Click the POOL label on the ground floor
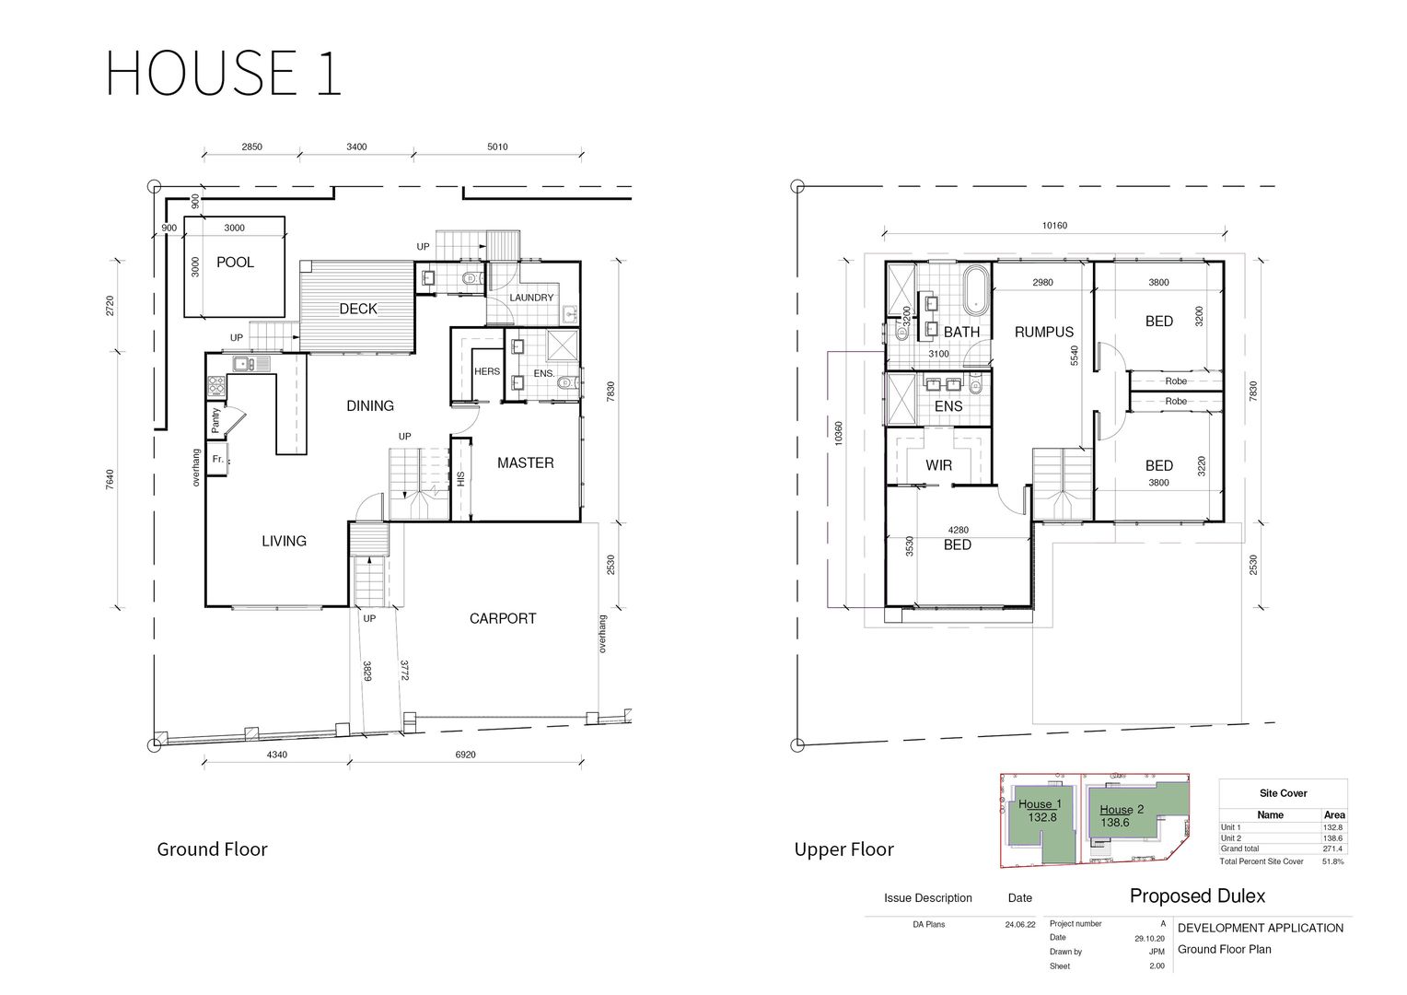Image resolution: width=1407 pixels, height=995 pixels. pyautogui.click(x=235, y=263)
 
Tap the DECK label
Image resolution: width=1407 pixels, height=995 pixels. pyautogui.click(x=358, y=309)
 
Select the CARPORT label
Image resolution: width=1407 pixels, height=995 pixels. pyautogui.click(x=502, y=618)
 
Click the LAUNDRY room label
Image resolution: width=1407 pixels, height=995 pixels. pyautogui.click(x=531, y=298)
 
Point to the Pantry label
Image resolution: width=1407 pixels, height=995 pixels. pyautogui.click(x=216, y=421)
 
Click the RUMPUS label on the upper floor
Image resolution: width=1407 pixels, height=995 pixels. pyautogui.click(x=1044, y=332)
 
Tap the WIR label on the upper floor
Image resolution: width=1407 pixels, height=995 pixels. pyautogui.click(x=938, y=465)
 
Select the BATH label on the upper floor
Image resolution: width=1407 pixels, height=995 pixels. pyautogui.click(x=961, y=332)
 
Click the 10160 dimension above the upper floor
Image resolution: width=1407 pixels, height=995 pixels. pyautogui.click(x=1054, y=226)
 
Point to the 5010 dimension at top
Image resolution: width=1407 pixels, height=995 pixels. pyautogui.click(x=497, y=146)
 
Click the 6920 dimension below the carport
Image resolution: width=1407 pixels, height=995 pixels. pyautogui.click(x=466, y=755)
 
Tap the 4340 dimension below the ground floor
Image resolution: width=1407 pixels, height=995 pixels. pyautogui.click(x=276, y=755)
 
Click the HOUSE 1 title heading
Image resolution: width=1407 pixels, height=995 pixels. pyautogui.click(x=224, y=73)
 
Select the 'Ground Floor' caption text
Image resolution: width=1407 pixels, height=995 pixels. pyautogui.click(x=212, y=849)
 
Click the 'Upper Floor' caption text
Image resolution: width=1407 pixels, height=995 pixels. pyautogui.click(x=843, y=849)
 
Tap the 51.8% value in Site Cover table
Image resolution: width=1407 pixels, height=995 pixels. pyautogui.click(x=1332, y=861)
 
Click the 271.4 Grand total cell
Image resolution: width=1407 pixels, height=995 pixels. pyautogui.click(x=1332, y=849)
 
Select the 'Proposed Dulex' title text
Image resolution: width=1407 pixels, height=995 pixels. pyautogui.click(x=1197, y=895)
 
